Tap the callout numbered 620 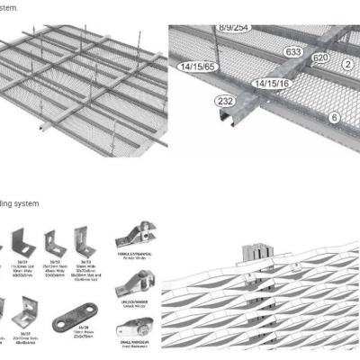coord(319,58)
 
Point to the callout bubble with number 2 coord(347,65)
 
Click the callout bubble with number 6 coord(334,118)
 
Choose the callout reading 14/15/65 coord(197,67)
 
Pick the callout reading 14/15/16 coord(270,83)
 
